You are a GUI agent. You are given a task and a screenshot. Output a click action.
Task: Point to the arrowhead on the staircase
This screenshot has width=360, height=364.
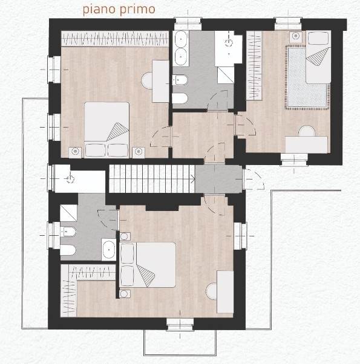tap(192, 179)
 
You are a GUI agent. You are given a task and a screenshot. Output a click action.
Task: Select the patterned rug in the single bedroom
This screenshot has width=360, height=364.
tap(307, 77)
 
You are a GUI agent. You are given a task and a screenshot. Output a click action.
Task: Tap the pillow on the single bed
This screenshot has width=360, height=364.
tap(318, 38)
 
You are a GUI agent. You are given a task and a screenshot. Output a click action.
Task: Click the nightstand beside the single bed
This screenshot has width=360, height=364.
tap(296, 36)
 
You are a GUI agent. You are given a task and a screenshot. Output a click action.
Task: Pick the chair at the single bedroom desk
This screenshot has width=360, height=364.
tap(307, 131)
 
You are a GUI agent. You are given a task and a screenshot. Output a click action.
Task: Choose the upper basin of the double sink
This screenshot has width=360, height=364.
tap(181, 39)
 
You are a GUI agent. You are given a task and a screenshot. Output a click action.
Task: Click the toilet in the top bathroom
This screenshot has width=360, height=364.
tap(179, 99)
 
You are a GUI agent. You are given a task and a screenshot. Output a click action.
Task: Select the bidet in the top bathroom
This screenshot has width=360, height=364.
tap(180, 80)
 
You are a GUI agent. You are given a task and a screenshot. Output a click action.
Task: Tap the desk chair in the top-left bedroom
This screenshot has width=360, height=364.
tap(147, 80)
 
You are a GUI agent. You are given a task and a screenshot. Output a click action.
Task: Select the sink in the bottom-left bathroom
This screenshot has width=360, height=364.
tap(109, 250)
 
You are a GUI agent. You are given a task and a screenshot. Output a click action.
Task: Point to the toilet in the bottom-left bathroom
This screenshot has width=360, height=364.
tap(68, 250)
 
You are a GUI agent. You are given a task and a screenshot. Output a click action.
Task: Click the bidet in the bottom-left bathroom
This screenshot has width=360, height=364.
tap(68, 232)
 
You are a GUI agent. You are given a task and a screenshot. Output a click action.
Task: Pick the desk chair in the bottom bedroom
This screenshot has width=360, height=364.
tap(212, 291)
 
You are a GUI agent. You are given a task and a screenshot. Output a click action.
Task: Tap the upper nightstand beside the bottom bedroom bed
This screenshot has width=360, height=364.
tap(125, 236)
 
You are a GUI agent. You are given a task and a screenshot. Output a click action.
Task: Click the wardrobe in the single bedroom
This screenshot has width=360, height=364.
tap(254, 66)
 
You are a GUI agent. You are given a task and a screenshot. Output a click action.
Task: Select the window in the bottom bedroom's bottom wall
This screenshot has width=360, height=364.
tap(180, 324)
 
